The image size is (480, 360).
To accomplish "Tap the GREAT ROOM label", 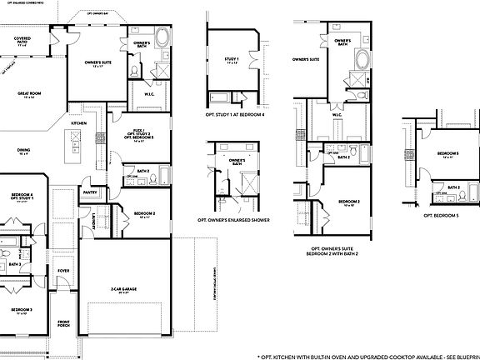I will (30, 94).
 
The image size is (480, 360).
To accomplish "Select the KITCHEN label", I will (78, 122).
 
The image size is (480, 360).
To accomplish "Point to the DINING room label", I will (23, 151).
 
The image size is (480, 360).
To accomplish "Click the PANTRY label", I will (89, 191).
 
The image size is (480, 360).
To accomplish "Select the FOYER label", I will (63, 271).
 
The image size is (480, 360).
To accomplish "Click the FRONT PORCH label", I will (64, 324).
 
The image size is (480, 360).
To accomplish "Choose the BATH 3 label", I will (16, 264).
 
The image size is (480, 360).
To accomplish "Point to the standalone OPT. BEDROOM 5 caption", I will (441, 216).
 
